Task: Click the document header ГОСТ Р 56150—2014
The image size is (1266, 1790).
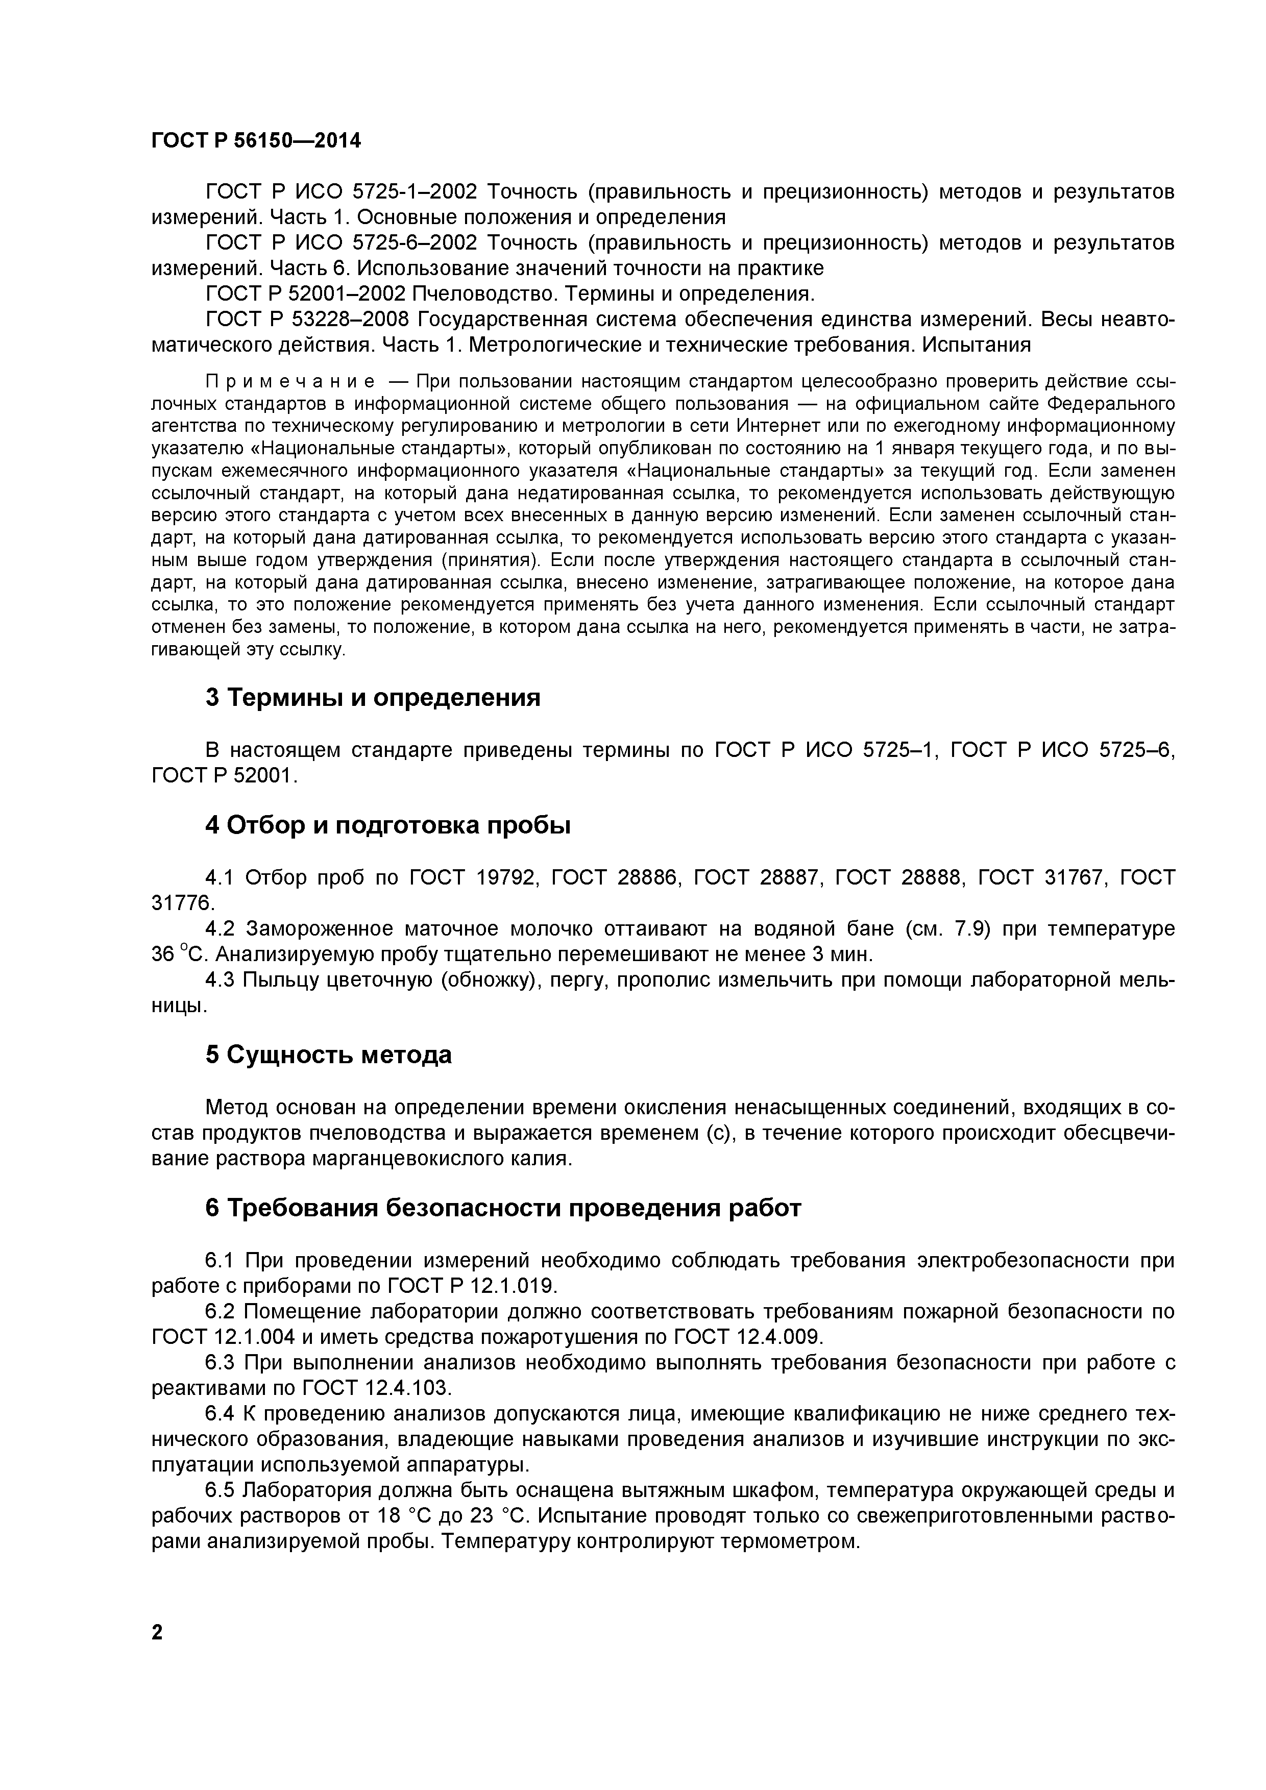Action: (256, 141)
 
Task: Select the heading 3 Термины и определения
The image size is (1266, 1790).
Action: (373, 697)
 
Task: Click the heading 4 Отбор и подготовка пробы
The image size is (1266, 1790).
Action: (387, 825)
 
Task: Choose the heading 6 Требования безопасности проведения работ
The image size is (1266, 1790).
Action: (503, 1208)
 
